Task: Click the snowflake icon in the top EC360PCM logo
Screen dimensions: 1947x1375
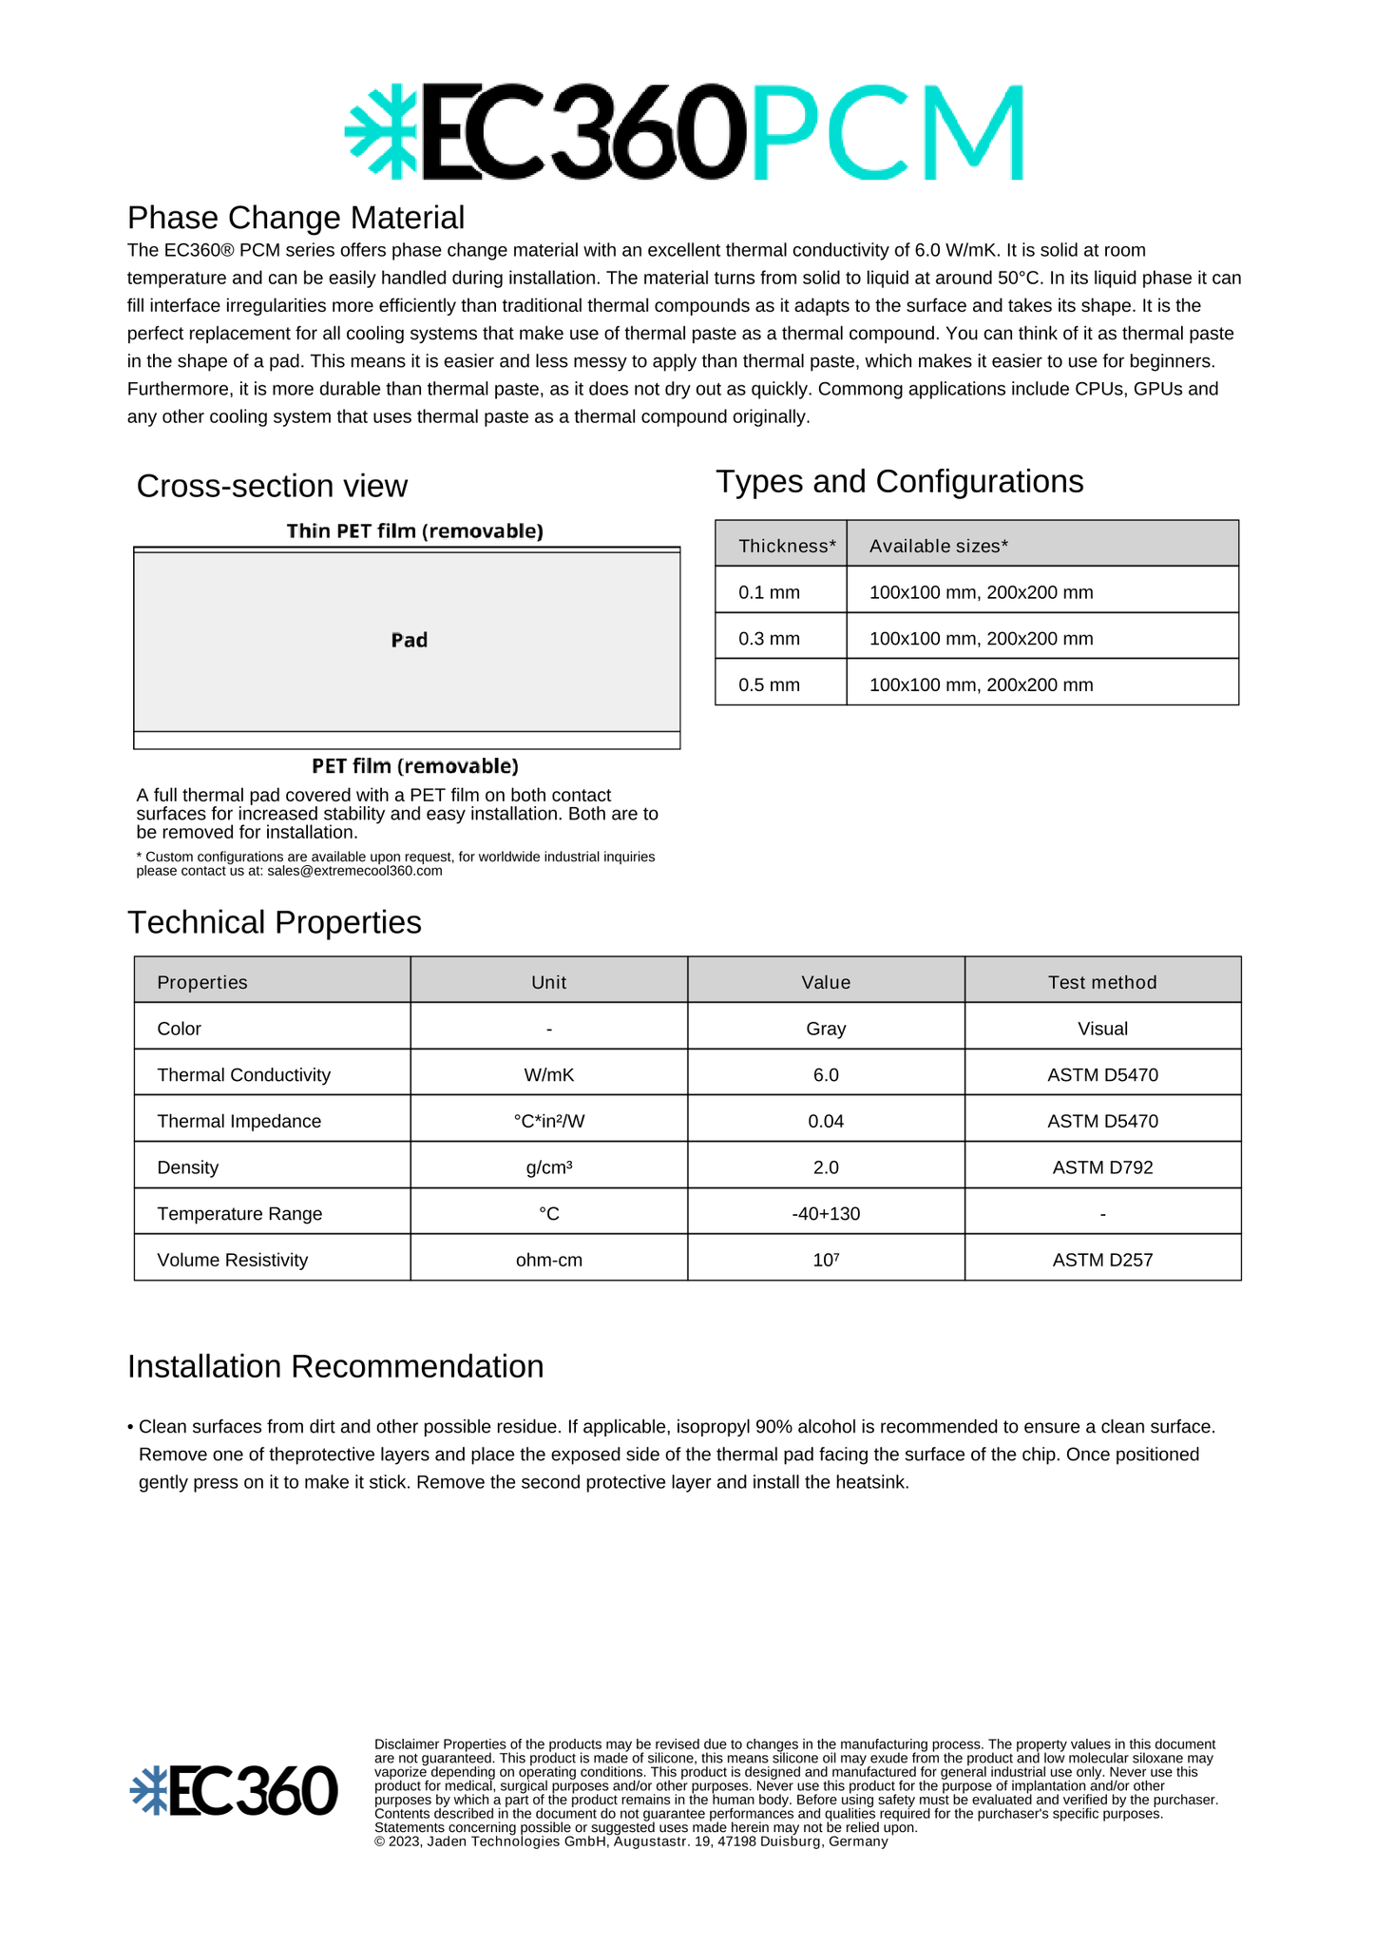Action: pyautogui.click(x=381, y=131)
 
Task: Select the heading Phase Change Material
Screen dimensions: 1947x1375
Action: pyautogui.click(x=296, y=218)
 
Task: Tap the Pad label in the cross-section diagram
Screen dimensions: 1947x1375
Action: pyautogui.click(x=409, y=640)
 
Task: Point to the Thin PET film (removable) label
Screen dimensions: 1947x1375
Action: pyautogui.click(x=414, y=530)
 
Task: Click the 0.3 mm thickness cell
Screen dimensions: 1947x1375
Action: pyautogui.click(x=770, y=639)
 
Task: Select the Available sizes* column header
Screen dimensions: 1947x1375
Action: pyautogui.click(x=938, y=546)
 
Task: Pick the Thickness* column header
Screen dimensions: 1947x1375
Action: pyautogui.click(x=787, y=546)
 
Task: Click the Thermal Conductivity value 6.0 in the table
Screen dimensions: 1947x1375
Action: pyautogui.click(x=826, y=1074)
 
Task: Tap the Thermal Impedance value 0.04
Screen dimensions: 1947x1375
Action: pyautogui.click(x=826, y=1121)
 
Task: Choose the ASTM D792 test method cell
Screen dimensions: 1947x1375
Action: pyautogui.click(x=1102, y=1167)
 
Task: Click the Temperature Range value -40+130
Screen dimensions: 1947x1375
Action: pyautogui.click(x=826, y=1214)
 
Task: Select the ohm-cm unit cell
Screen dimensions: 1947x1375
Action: pyautogui.click(x=549, y=1260)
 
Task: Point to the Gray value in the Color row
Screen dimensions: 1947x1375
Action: pyautogui.click(x=826, y=1029)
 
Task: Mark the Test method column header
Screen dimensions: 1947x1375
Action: pyautogui.click(x=1102, y=982)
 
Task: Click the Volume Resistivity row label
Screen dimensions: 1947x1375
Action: pyautogui.click(x=233, y=1260)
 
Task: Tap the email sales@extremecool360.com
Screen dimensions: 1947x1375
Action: pyautogui.click(x=354, y=871)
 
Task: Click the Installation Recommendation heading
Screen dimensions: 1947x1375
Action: pyautogui.click(x=335, y=1366)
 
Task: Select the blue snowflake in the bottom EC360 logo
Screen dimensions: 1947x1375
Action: pyautogui.click(x=149, y=1791)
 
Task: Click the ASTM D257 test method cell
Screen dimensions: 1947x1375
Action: pyautogui.click(x=1102, y=1260)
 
